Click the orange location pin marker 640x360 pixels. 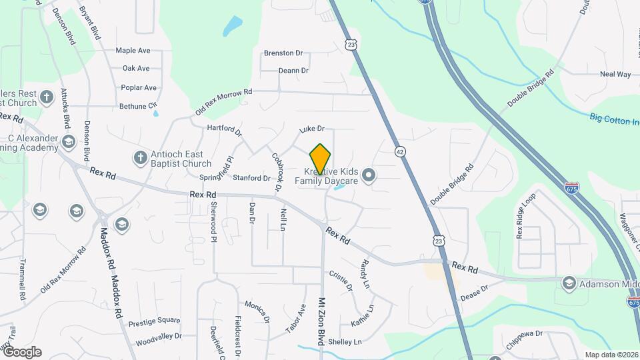(x=320, y=159)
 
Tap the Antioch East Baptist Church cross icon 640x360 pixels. (x=140, y=158)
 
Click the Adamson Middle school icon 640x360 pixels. (x=568, y=283)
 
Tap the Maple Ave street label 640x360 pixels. (x=133, y=51)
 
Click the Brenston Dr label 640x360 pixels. (x=283, y=53)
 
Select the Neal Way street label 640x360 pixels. (x=615, y=75)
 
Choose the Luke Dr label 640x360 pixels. (x=311, y=129)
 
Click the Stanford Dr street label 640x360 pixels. (x=251, y=178)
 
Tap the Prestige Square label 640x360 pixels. (x=154, y=320)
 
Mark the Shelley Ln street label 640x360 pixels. (x=345, y=342)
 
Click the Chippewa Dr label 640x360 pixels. (x=525, y=333)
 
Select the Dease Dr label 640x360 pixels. (x=474, y=292)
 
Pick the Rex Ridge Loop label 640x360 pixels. (x=525, y=217)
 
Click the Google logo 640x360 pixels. (x=21, y=351)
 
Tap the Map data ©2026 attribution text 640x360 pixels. (x=611, y=355)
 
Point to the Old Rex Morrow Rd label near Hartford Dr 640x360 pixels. (x=224, y=102)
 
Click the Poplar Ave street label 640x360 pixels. (x=139, y=87)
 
